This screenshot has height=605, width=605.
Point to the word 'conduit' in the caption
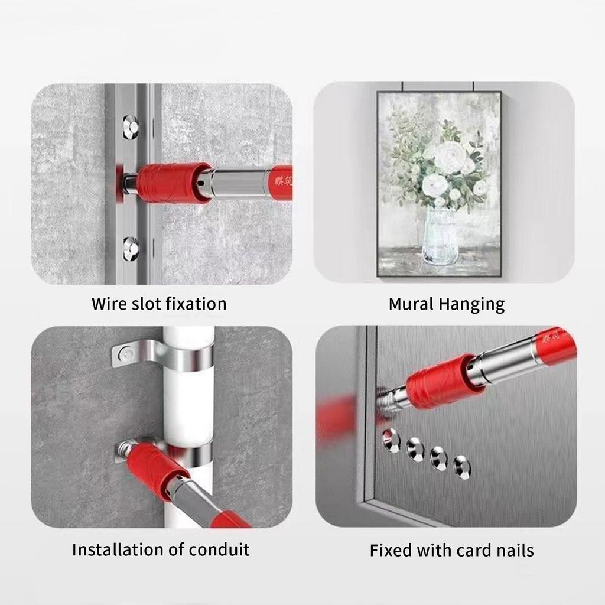[219, 549]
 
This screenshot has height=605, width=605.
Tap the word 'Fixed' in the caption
[391, 551]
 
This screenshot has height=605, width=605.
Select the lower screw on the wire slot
[131, 248]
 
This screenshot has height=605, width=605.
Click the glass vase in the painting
[440, 236]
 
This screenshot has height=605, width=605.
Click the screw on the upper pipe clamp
[125, 354]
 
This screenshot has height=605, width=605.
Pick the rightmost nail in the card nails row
[462, 467]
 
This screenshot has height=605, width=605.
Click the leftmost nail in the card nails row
[390, 440]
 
